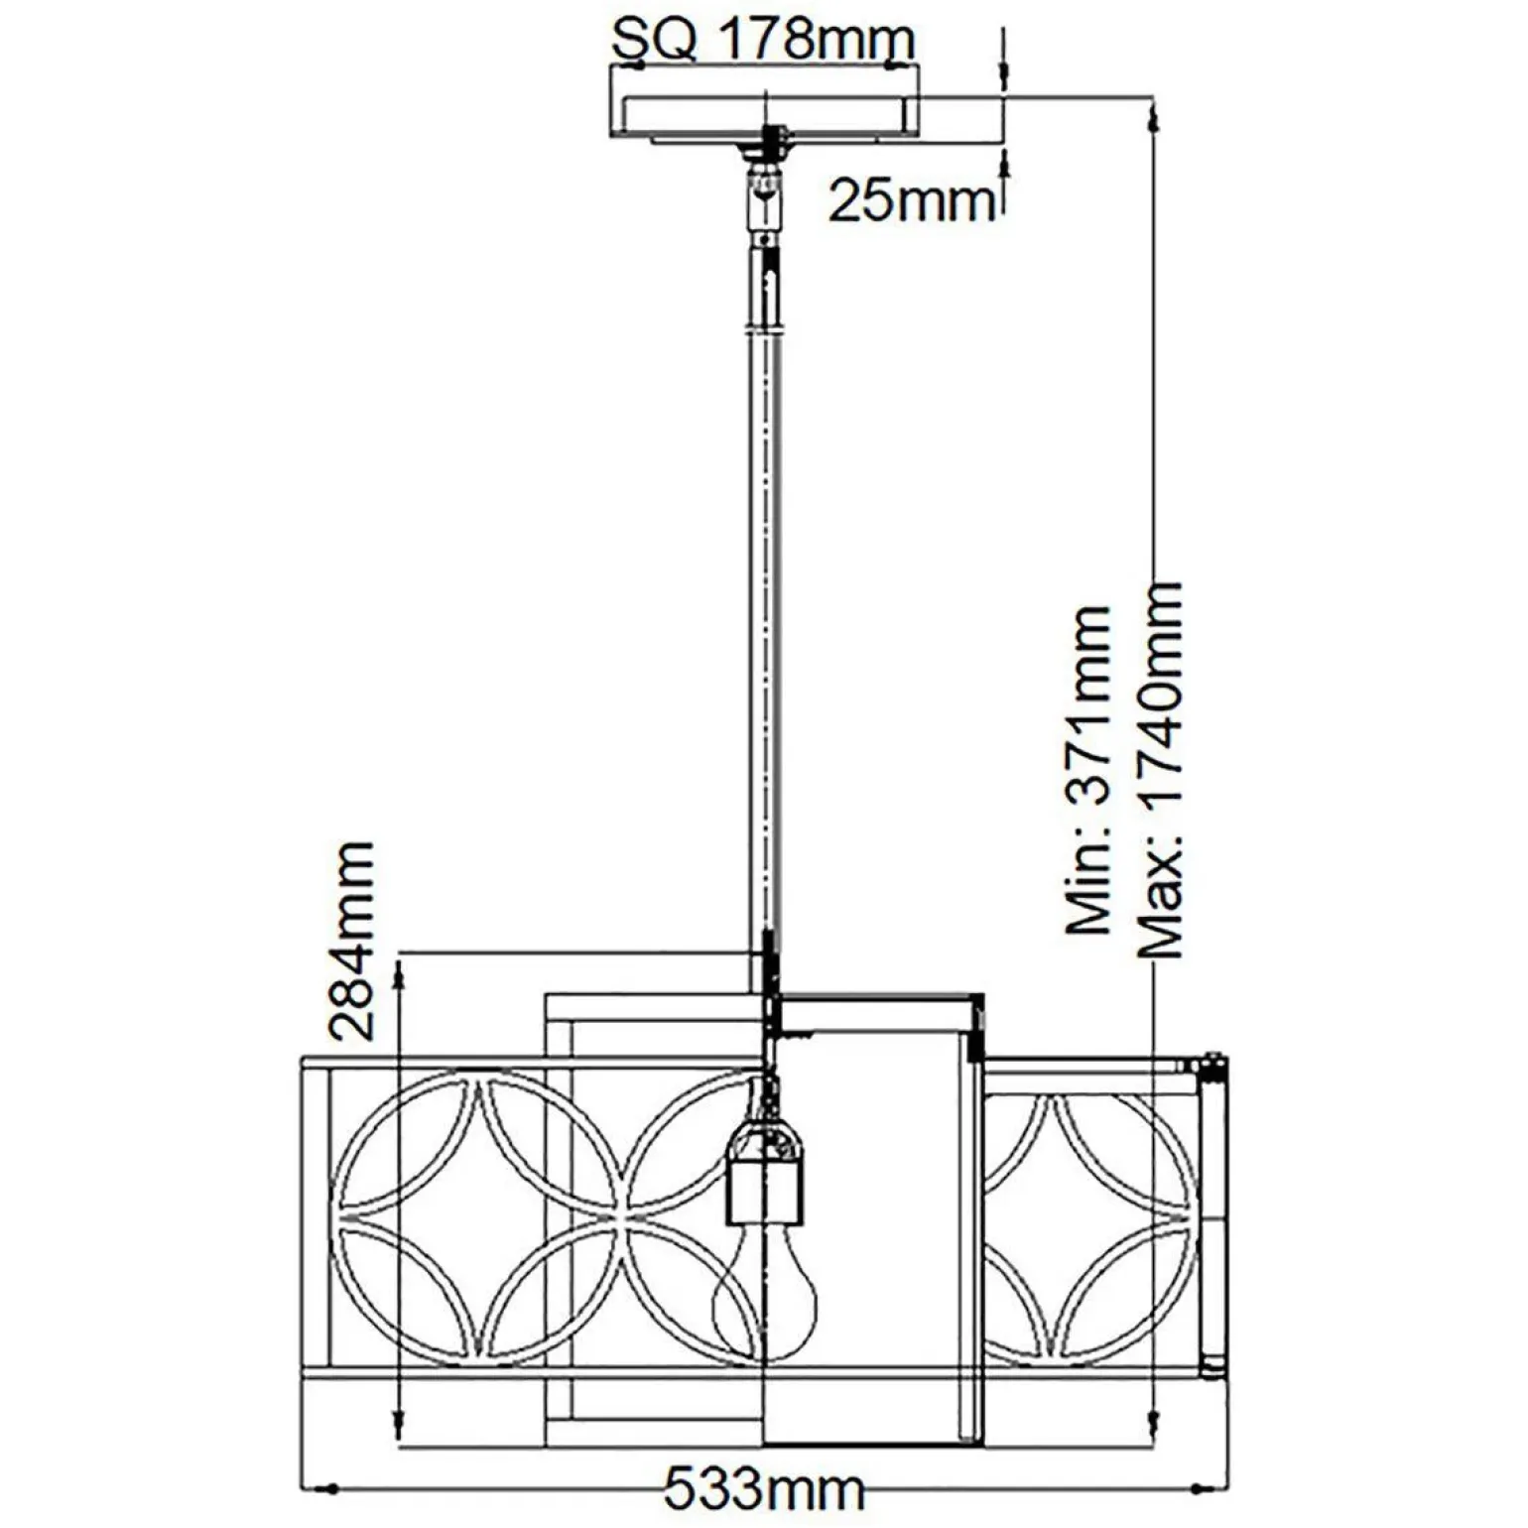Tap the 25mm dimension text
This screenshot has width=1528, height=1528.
tap(911, 200)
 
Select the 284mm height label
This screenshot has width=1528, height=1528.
tap(353, 941)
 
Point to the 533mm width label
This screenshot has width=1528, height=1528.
tap(763, 1490)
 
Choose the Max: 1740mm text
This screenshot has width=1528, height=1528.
tap(1160, 769)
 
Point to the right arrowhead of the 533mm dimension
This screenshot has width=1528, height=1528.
tap(1208, 1489)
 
